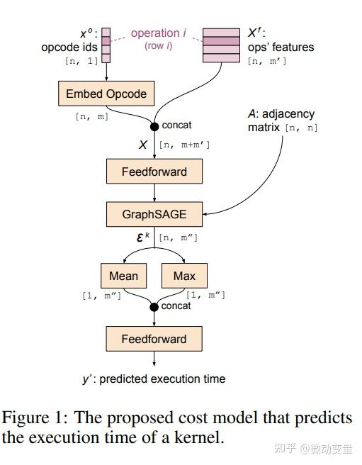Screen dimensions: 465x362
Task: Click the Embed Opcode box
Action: click(106, 94)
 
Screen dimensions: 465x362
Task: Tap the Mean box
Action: click(124, 275)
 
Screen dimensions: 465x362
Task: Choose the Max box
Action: click(184, 275)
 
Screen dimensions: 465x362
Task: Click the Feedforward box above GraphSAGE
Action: click(154, 171)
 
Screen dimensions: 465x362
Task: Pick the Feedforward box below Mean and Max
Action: click(154, 339)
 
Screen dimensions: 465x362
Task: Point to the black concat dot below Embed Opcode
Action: click(154, 126)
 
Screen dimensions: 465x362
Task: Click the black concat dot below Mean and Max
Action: click(154, 306)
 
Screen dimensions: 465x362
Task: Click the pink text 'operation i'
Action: click(155, 33)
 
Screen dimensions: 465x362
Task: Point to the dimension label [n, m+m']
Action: click(184, 145)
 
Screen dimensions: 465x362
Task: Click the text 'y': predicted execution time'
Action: click(154, 379)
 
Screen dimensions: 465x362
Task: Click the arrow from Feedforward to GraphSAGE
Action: click(154, 192)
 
